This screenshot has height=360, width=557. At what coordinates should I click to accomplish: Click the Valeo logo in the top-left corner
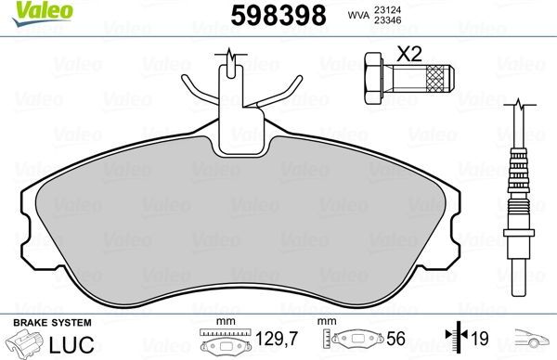point(31,12)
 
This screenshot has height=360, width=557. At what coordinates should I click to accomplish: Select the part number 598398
point(263,15)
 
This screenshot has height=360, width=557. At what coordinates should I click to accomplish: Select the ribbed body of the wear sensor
point(517,186)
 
